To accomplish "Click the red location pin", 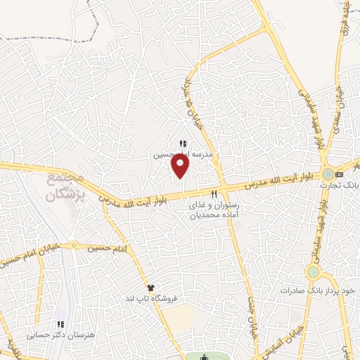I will click(x=181, y=166).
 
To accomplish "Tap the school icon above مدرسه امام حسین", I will click(x=183, y=143).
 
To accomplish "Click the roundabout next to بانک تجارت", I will click(x=328, y=173).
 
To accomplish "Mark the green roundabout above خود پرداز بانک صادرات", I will click(x=313, y=271).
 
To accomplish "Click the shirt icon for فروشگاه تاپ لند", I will click(x=150, y=288).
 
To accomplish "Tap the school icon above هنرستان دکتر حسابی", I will click(x=61, y=324).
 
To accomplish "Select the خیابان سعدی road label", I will click(x=340, y=105).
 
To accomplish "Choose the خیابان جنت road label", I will click(x=249, y=309).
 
